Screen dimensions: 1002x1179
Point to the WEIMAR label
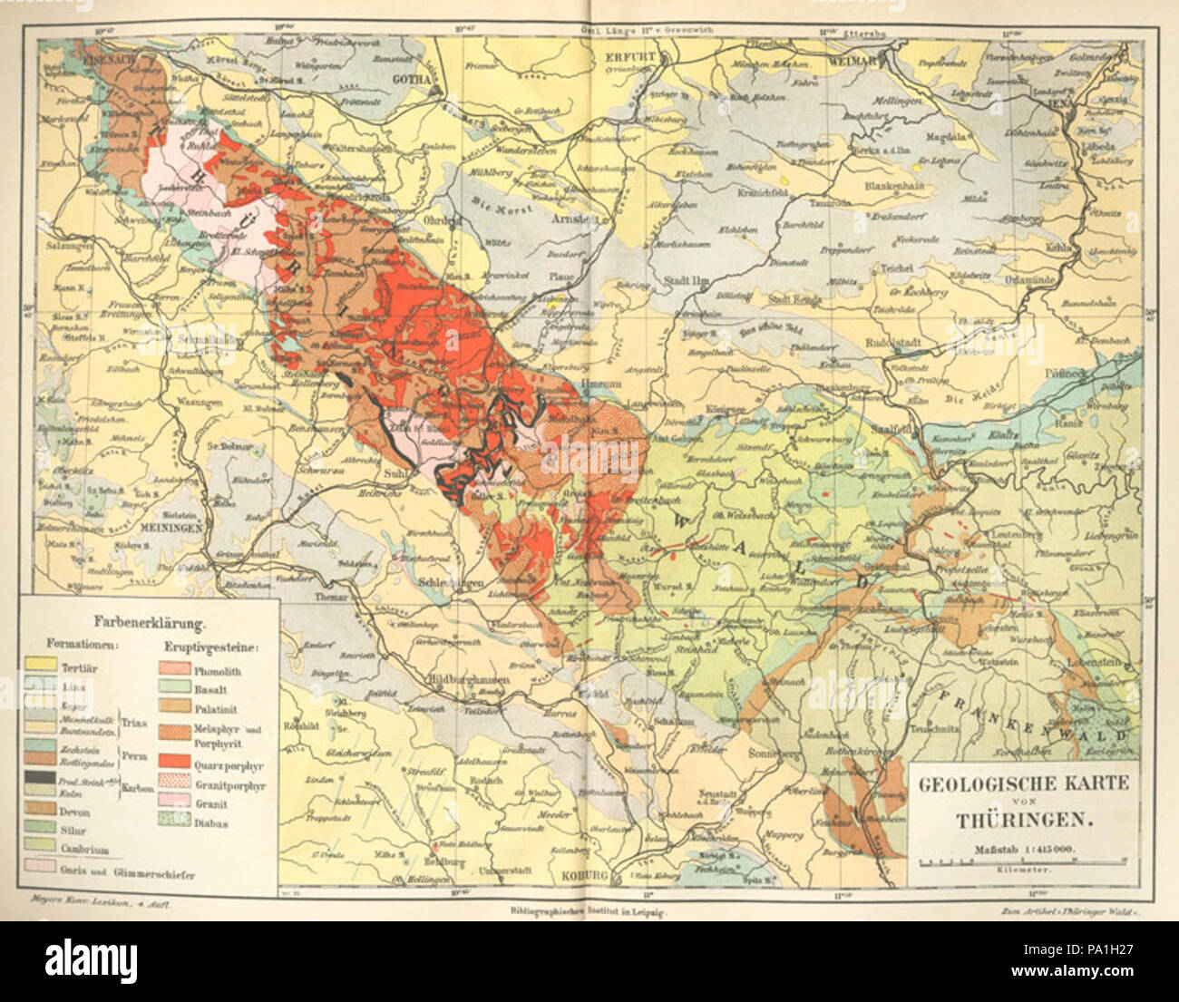[x=853, y=61]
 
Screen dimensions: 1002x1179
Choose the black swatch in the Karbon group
[x=38, y=776]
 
